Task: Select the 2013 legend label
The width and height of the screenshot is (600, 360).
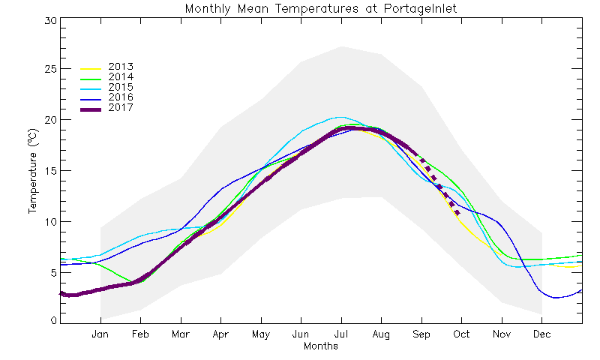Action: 121,66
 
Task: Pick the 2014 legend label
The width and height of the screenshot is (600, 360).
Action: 121,76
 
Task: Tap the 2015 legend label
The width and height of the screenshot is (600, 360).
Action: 121,87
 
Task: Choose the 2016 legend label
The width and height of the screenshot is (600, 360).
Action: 121,97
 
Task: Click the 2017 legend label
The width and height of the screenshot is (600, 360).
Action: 121,108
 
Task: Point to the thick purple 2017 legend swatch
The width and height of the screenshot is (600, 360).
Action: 90,109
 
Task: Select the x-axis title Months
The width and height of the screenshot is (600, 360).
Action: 321,346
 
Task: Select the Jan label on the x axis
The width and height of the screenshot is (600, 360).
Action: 100,334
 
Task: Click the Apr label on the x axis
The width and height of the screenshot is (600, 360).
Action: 220,334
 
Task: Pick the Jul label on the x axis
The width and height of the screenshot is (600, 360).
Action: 341,334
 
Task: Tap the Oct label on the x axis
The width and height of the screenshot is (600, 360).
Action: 461,334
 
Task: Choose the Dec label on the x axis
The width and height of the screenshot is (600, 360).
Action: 541,334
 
